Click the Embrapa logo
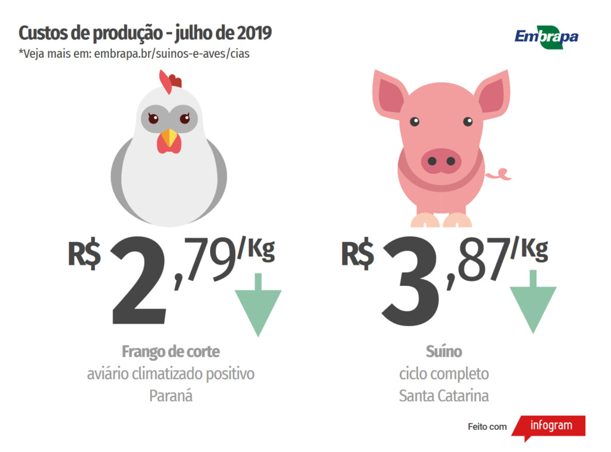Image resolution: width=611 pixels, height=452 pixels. pyautogui.click(x=546, y=36)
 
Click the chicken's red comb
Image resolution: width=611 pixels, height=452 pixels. pyautogui.click(x=169, y=82)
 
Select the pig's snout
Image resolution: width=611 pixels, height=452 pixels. pyautogui.click(x=441, y=161)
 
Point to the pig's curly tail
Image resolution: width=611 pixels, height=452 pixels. pyautogui.click(x=499, y=174)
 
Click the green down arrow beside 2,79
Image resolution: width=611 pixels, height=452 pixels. pyautogui.click(x=258, y=306)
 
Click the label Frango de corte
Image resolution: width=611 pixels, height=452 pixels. pyautogui.click(x=171, y=351)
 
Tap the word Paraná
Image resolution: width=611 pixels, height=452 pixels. pyautogui.click(x=171, y=395)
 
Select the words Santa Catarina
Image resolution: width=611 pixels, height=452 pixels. pyautogui.click(x=443, y=395)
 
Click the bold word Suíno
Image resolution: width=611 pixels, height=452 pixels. pyautogui.click(x=444, y=351)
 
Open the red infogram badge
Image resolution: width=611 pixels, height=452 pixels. pyautogui.click(x=550, y=426)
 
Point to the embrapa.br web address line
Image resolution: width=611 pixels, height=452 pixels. pyautogui.click(x=134, y=54)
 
